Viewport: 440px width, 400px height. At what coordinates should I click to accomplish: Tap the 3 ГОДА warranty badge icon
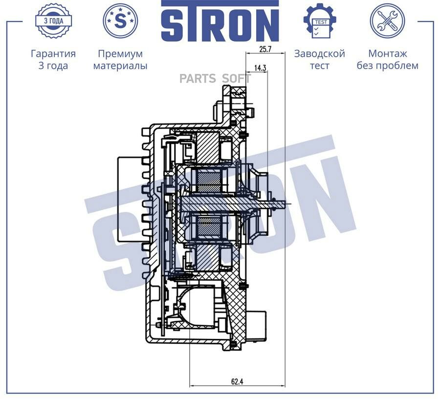coord(53,21)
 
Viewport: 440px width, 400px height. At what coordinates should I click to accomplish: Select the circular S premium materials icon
coord(120,20)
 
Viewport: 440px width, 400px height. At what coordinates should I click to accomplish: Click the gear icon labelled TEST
coord(319,21)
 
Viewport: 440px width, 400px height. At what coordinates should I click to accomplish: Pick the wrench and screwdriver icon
coord(387,21)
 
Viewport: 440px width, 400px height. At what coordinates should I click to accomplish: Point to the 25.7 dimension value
coord(265,49)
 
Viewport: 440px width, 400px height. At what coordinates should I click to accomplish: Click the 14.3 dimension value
coord(260,68)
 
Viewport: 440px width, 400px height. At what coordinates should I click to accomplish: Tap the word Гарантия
coord(53,54)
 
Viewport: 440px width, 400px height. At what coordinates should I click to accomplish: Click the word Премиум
coord(120,54)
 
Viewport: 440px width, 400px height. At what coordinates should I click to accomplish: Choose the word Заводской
coord(319,54)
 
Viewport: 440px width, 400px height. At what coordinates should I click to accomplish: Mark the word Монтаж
coord(387,54)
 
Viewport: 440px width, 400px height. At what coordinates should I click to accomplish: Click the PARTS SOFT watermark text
coord(215,79)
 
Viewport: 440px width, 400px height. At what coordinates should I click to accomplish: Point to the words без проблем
coord(387,66)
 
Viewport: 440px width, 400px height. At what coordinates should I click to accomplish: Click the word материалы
coord(120,66)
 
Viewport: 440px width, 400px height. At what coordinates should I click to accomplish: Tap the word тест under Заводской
coord(319,66)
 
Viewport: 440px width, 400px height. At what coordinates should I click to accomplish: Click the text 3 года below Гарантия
coord(53,66)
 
